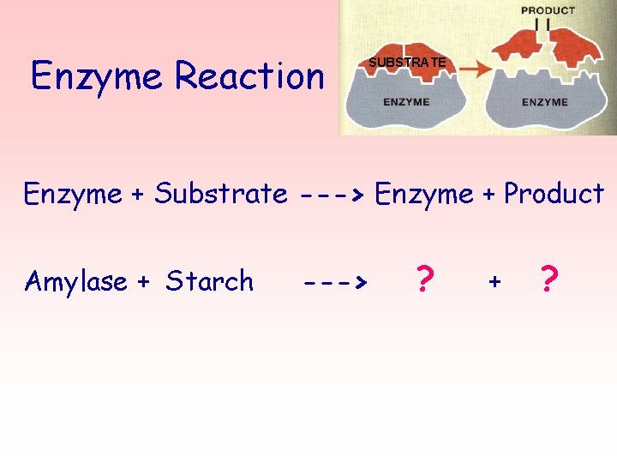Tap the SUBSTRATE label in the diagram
point(407,63)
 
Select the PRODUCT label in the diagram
point(548,10)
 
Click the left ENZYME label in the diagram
point(406,102)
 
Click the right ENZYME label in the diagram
point(544,102)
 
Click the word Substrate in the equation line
point(220,194)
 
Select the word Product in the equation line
point(554,194)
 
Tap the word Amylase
point(76,281)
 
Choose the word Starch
point(210,281)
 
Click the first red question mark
point(422,280)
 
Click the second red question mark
point(550,280)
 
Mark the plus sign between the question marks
point(494,281)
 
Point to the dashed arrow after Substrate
point(333,195)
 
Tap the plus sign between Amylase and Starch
point(144,281)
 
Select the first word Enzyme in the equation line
point(72,194)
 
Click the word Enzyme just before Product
point(424,194)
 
